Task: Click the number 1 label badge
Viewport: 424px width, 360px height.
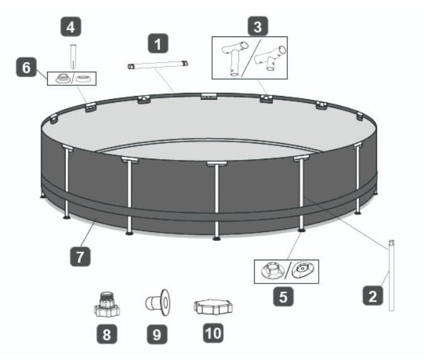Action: point(158,43)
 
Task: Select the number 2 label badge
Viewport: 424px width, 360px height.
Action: point(373,296)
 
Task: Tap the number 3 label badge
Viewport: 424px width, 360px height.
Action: point(258,26)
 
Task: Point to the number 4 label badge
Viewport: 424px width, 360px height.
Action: point(71,27)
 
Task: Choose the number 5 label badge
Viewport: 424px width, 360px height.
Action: point(283,297)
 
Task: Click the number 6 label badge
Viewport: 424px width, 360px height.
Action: point(26,67)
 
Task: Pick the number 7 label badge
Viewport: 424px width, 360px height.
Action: point(80,257)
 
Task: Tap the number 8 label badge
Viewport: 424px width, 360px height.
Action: point(107,334)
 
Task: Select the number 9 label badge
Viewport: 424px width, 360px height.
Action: point(157,334)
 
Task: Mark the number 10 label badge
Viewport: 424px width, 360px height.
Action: point(213,333)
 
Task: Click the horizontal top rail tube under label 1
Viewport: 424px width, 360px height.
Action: point(157,65)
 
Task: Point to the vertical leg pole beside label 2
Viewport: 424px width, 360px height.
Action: point(391,275)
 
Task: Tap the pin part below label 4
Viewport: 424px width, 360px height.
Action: point(73,56)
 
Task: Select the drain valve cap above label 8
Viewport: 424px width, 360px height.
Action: point(107,304)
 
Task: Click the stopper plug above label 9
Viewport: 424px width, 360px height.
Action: point(158,302)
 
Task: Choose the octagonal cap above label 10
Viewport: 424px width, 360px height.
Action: point(213,307)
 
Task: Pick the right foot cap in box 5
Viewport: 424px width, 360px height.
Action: point(302,270)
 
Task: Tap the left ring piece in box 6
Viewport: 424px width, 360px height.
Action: point(63,78)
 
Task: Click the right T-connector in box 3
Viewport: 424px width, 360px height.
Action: point(270,58)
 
